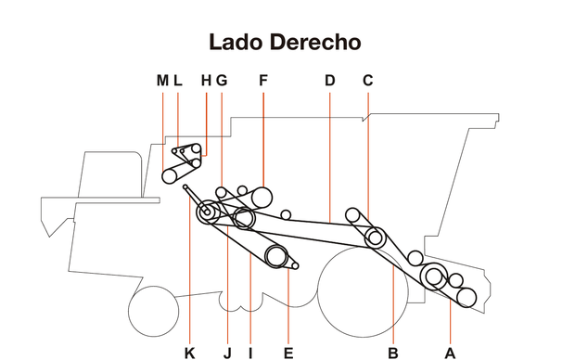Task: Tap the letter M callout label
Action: [x=162, y=81]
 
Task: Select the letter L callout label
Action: [x=177, y=81]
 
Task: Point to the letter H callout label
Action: [x=206, y=81]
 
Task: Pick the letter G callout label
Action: [x=222, y=81]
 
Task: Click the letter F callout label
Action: [x=263, y=81]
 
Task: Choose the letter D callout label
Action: [x=330, y=81]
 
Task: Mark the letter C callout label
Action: [x=368, y=81]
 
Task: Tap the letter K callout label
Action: [x=189, y=352]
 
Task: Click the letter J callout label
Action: [x=227, y=352]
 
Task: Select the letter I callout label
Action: [x=250, y=352]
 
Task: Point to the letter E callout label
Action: [x=288, y=352]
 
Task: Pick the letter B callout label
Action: [x=393, y=352]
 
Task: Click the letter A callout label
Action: [x=450, y=352]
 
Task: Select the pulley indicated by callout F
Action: [x=262, y=197]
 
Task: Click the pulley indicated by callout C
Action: [x=375, y=237]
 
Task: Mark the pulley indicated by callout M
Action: [x=171, y=176]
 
